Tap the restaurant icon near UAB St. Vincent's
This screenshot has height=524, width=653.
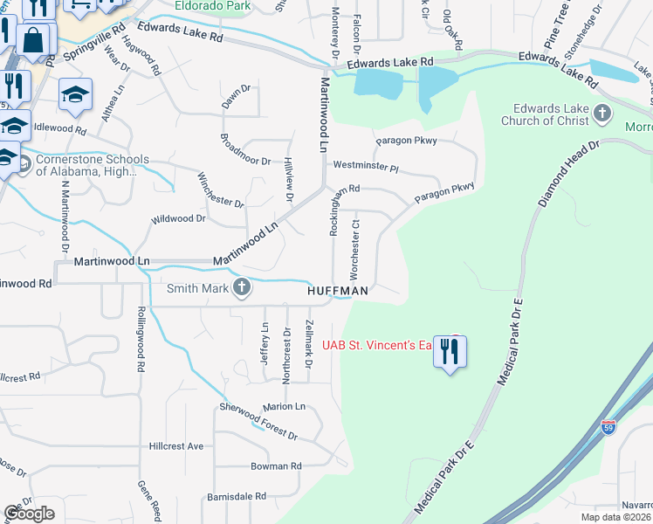pyautogui.click(x=450, y=351)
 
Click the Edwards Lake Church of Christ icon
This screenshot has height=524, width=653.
pyautogui.click(x=601, y=112)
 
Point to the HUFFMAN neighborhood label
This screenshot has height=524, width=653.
pyautogui.click(x=337, y=290)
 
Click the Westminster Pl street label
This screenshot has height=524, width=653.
pyautogui.click(x=364, y=166)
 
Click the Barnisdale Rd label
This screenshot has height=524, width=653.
pyautogui.click(x=237, y=496)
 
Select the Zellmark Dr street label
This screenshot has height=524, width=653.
pyautogui.click(x=308, y=342)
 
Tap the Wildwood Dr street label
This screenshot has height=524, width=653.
pyautogui.click(x=178, y=218)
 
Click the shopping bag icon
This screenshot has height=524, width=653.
pyautogui.click(x=33, y=40)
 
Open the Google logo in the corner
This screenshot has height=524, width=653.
pyautogui.click(x=29, y=514)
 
